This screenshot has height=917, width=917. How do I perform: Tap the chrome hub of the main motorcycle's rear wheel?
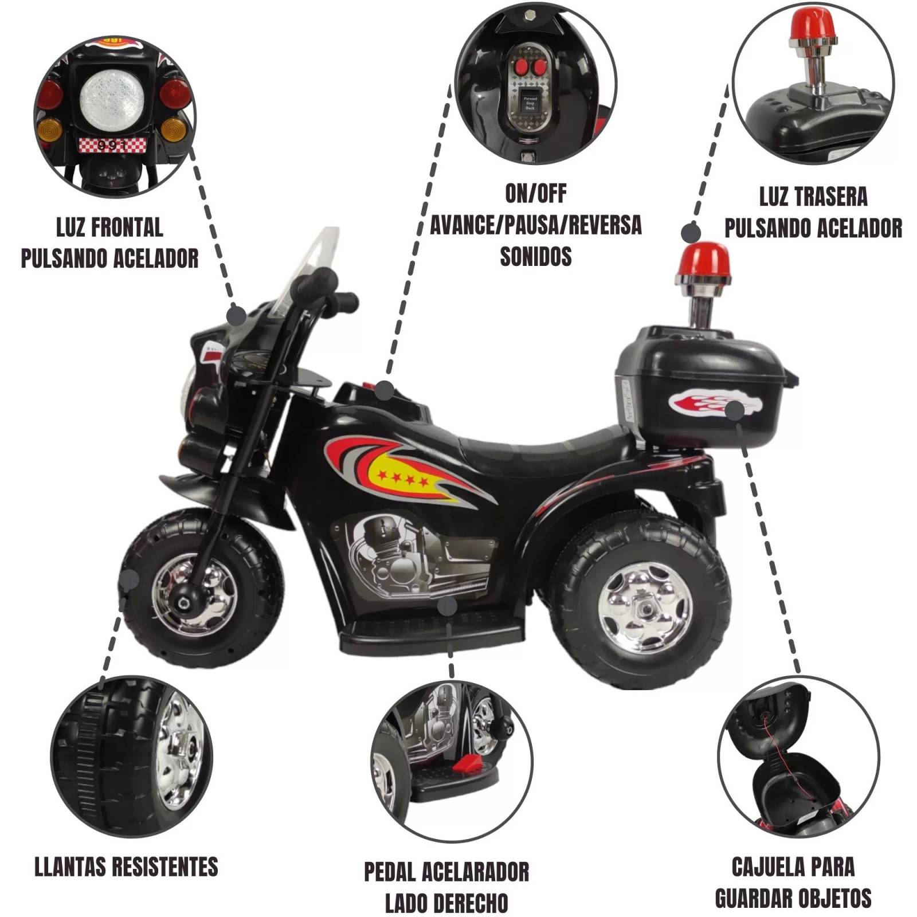tap(644, 607)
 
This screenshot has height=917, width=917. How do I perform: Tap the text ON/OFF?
tap(535, 194)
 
